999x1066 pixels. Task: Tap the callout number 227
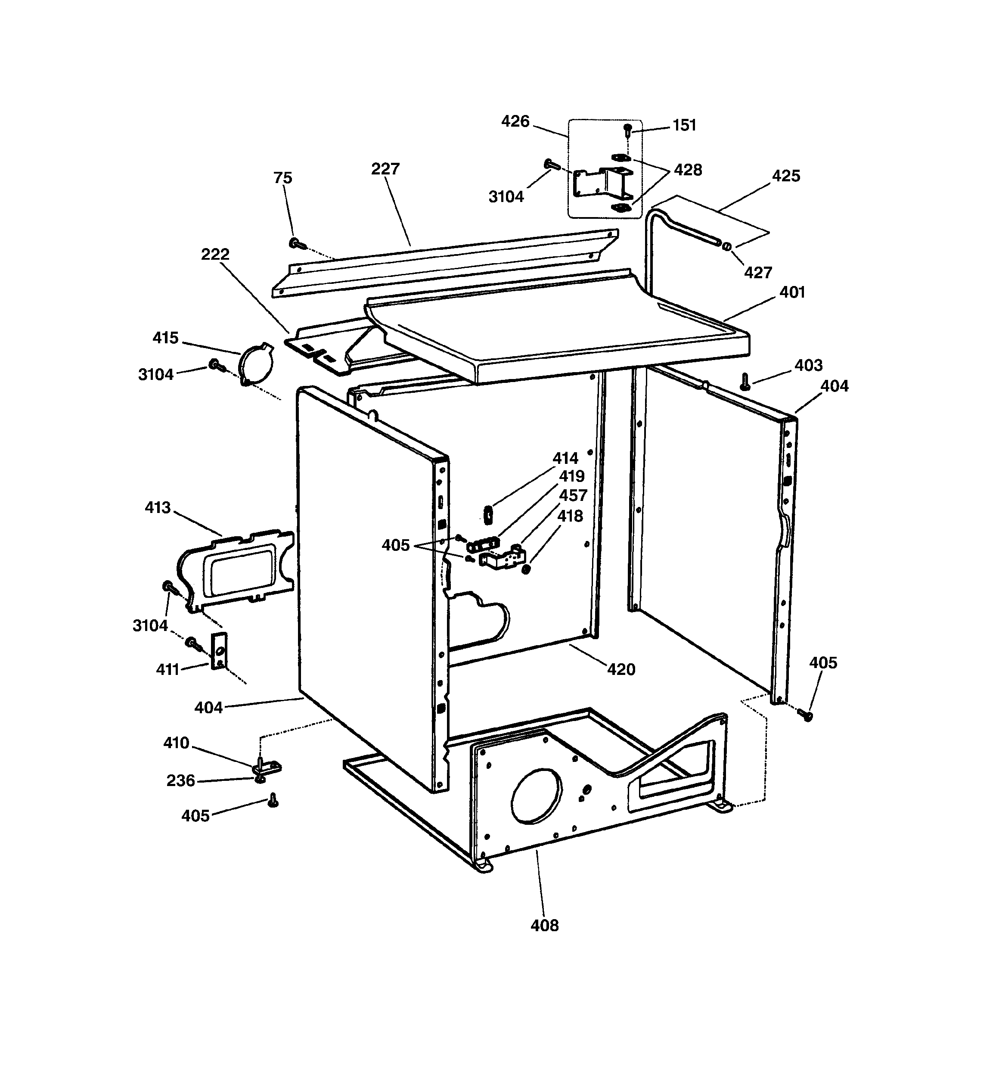point(385,169)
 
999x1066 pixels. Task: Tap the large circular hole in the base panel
point(536,796)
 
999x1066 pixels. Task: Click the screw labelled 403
point(744,382)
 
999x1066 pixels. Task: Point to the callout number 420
point(621,669)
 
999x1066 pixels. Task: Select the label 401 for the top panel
point(791,292)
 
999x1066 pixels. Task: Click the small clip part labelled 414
point(488,514)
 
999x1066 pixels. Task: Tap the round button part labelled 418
point(526,569)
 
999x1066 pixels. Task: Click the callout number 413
point(157,507)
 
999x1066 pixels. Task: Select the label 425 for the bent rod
point(785,176)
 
